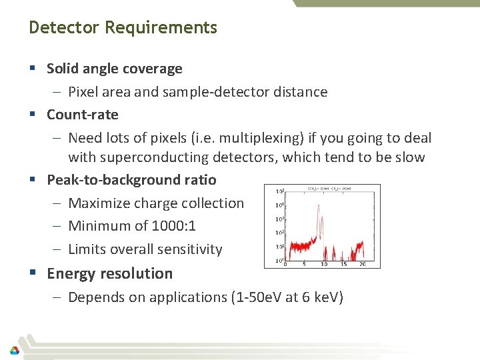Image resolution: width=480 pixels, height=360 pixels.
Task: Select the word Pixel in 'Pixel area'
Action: pyautogui.click(x=83, y=92)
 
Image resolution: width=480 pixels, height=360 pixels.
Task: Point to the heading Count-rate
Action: pyautogui.click(x=82, y=115)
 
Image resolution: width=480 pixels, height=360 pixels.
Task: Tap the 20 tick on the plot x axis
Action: pyautogui.click(x=363, y=264)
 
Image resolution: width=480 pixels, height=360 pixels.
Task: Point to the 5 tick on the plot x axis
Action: pyautogui.click(x=304, y=264)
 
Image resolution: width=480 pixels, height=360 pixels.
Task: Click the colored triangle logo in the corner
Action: pyautogui.click(x=14, y=350)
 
